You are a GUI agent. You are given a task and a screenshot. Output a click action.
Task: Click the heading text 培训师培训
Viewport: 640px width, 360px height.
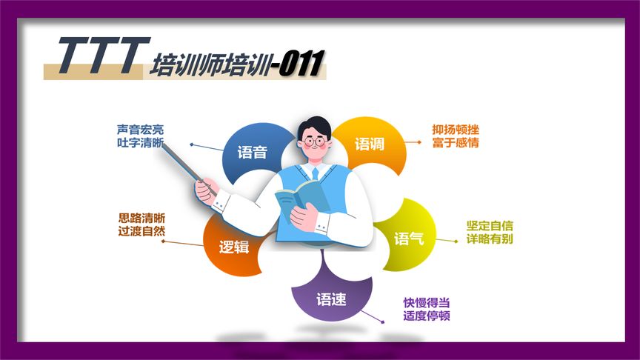(x=209, y=65)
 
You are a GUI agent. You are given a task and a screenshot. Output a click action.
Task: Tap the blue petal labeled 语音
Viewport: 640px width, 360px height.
(x=251, y=153)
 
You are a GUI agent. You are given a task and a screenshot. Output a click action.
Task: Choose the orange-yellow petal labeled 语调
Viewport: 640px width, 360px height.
(x=370, y=144)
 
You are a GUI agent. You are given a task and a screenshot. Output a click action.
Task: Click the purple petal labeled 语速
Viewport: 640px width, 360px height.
(x=331, y=299)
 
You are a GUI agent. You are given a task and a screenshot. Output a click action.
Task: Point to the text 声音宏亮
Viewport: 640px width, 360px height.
(x=140, y=130)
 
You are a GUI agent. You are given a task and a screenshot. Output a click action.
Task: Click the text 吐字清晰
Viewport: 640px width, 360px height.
(x=140, y=143)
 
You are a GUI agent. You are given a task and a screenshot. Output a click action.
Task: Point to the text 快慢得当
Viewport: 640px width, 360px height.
(x=427, y=302)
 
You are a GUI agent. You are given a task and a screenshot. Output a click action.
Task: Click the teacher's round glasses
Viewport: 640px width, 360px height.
(x=316, y=139)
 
